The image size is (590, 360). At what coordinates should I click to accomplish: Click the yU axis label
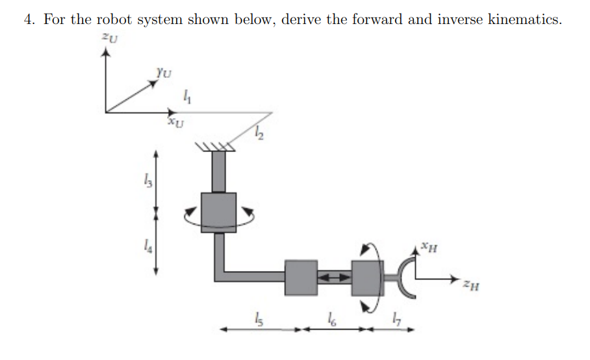click(x=164, y=74)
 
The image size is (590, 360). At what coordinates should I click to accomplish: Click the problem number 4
click(x=28, y=19)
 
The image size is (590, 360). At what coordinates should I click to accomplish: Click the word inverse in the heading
click(x=458, y=19)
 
